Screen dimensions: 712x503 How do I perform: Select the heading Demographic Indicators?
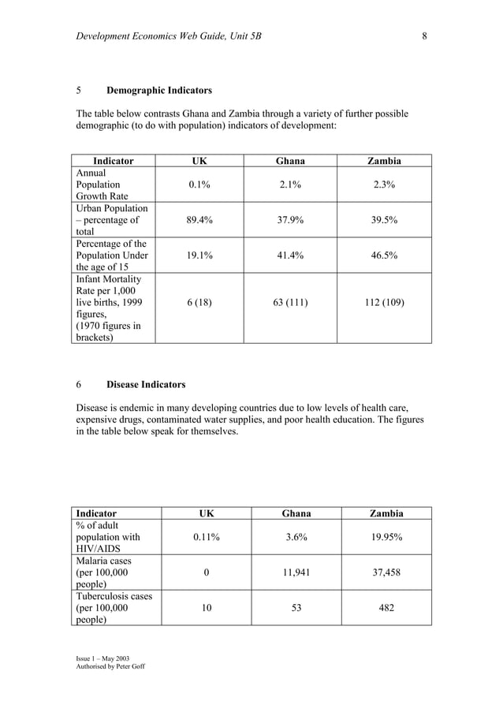point(158,90)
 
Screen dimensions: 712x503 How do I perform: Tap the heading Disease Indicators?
point(146,385)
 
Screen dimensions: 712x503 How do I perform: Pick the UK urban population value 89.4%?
point(199,221)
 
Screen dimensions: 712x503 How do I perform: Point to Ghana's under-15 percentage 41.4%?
point(289,256)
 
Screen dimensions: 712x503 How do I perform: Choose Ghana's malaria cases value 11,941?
point(296,572)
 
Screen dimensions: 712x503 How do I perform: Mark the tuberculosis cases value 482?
point(386,608)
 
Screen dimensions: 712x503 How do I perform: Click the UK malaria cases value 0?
point(206,572)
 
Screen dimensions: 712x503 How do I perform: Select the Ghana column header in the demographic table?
point(289,161)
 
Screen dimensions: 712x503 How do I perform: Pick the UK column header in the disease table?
point(206,513)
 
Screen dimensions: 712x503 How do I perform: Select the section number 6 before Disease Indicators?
point(79,385)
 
